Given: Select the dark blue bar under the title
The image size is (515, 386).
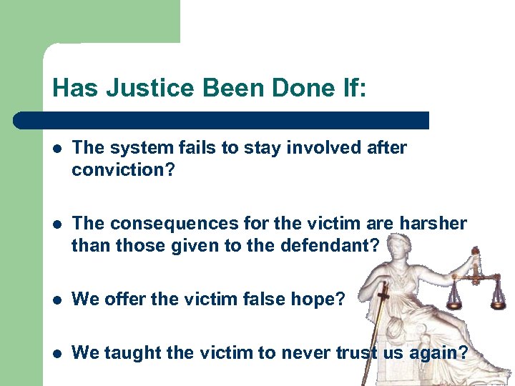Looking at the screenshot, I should [x=222, y=120].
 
